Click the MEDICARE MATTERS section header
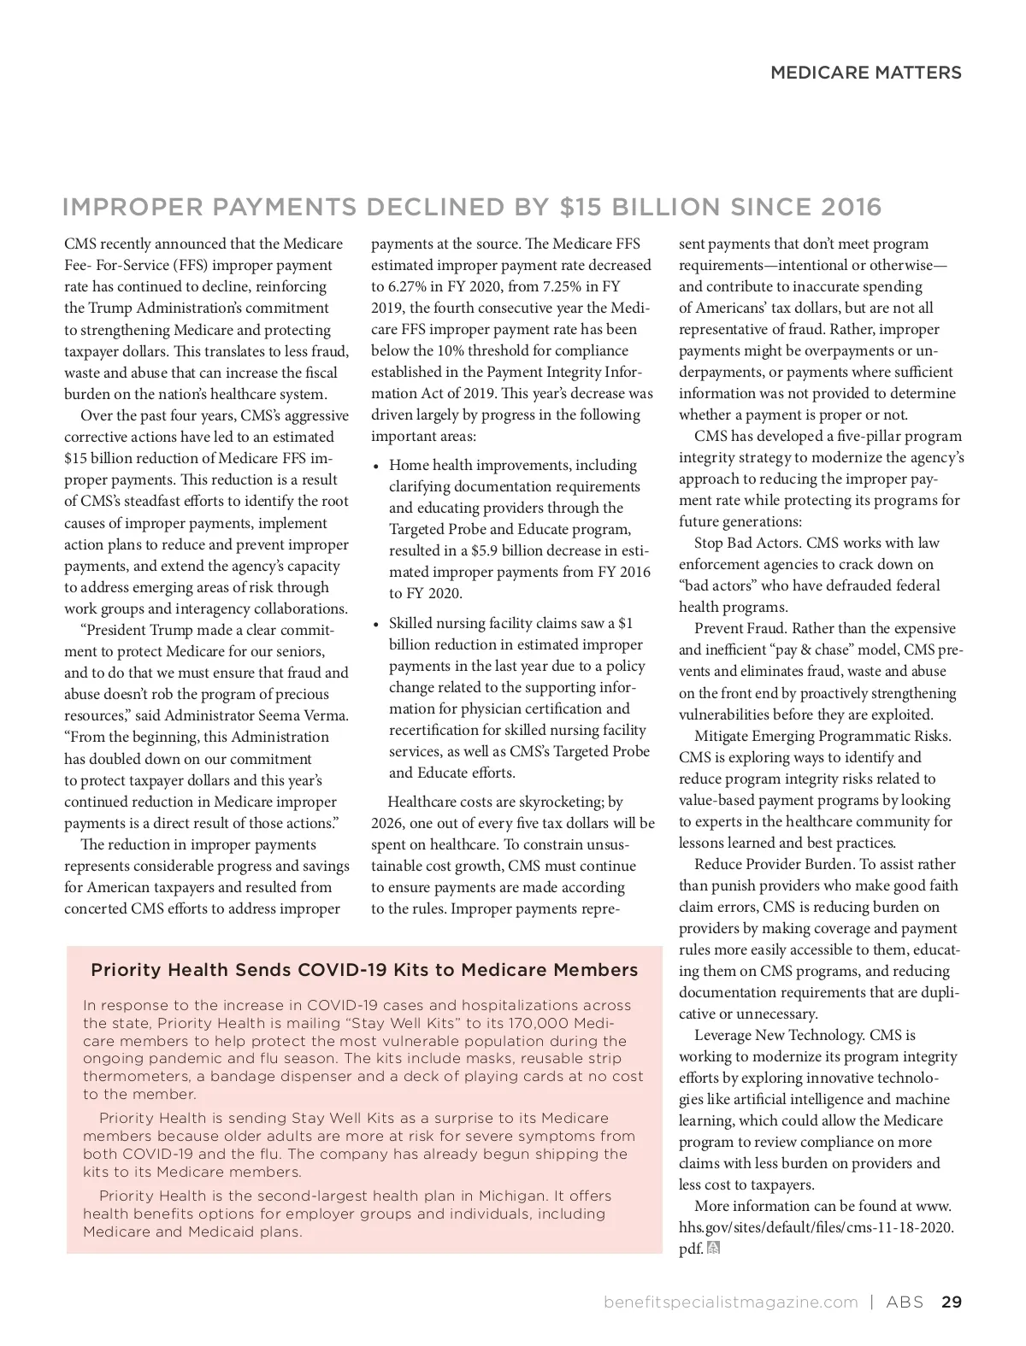tap(865, 73)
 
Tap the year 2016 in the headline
tap(851, 207)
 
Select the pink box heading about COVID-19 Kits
tap(364, 970)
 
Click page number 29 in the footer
tap(951, 1302)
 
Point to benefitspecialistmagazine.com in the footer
tap(730, 1302)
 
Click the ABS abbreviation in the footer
tap(905, 1302)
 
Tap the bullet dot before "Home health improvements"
tap(377, 467)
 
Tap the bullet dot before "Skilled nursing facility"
tap(377, 625)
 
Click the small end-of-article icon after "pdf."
tap(714, 1249)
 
